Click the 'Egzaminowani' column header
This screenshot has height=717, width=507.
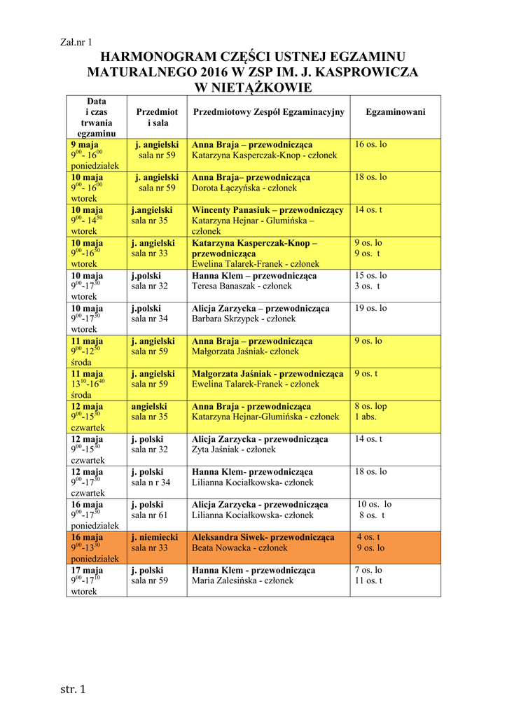(x=395, y=112)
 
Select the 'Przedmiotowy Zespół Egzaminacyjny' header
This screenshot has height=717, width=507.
(x=268, y=112)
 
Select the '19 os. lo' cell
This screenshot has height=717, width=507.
(x=370, y=308)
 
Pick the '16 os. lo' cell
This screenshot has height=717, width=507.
(x=370, y=144)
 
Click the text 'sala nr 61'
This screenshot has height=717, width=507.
(x=149, y=515)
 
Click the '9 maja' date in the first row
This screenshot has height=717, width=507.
(x=84, y=144)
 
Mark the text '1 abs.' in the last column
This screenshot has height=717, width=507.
(x=366, y=417)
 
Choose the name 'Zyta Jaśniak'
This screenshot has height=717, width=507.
(x=217, y=450)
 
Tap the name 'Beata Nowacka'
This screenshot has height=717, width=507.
(x=221, y=548)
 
